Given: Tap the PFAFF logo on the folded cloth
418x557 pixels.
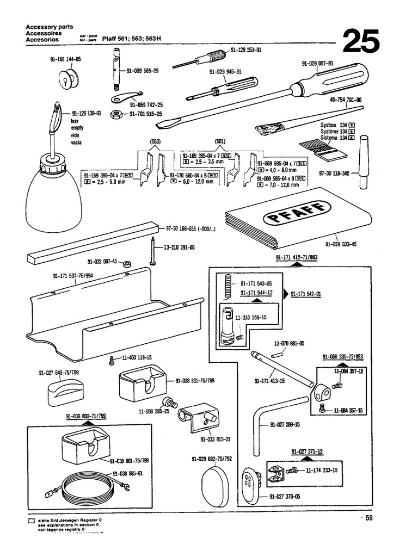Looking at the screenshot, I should point(297,213).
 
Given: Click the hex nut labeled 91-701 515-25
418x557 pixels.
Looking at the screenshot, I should point(116,114).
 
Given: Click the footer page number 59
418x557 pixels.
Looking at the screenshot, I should point(369,518).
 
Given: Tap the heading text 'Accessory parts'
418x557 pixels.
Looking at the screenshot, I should point(50,27).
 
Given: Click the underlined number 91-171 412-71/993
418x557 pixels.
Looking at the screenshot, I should point(296,255).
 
